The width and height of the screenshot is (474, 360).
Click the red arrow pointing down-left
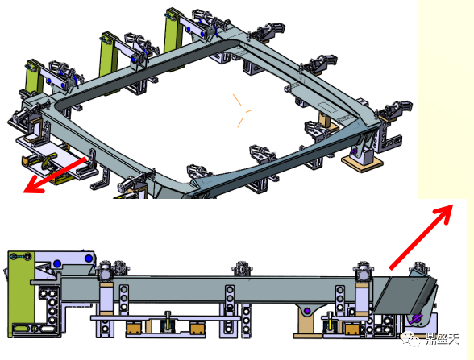[x=55, y=176]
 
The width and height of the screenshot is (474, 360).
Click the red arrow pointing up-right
[x=421, y=237]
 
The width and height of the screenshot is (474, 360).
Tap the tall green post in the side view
[x=21, y=293]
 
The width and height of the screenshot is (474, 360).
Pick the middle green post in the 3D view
[x=108, y=55]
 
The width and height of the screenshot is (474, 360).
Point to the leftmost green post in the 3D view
[x=34, y=80]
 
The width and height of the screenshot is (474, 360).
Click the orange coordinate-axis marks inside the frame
[x=241, y=111]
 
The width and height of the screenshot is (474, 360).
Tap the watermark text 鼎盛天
[x=442, y=339]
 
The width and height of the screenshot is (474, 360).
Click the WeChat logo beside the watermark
[x=411, y=339]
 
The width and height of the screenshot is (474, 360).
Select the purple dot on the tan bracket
[x=307, y=311]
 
